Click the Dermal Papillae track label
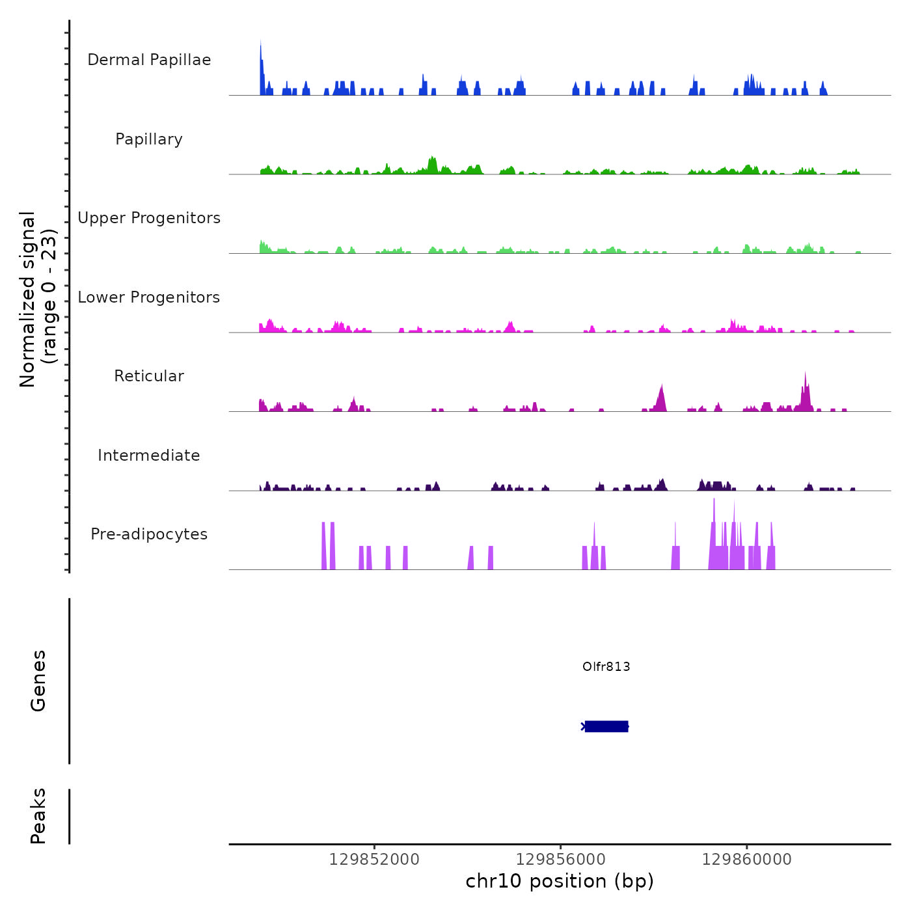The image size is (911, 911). coord(149,60)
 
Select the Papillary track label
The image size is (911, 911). coord(149,139)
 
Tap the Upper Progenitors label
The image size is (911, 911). coord(149,218)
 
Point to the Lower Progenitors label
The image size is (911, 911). coord(149,297)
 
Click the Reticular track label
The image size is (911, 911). coord(149,376)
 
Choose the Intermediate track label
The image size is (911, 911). coord(149,455)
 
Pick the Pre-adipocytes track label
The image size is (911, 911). coord(149,534)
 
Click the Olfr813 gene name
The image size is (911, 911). coord(606,666)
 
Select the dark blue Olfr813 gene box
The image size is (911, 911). coord(606,726)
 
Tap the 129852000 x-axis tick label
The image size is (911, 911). coord(374,860)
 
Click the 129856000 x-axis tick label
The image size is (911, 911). coord(560,860)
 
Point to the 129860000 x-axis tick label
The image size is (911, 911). coord(747,860)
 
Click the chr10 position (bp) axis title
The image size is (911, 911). coord(560,881)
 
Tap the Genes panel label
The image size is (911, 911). coord(38,681)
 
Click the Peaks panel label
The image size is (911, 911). coord(38,816)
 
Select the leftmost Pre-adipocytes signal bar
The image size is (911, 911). coord(323,547)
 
